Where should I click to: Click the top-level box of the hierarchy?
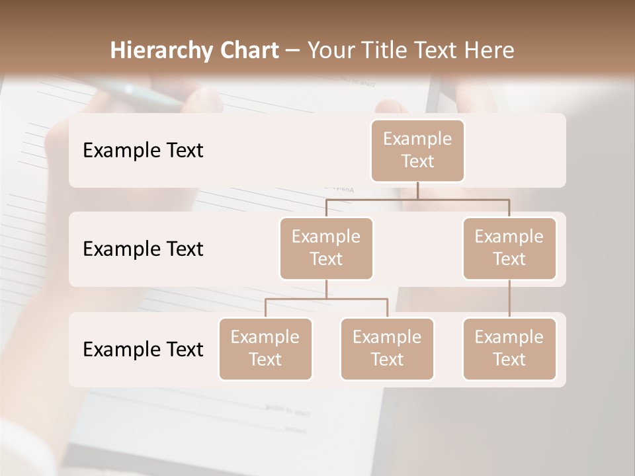417,150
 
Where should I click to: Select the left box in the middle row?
326,248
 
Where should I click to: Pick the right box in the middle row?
509,248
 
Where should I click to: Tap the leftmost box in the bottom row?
265,348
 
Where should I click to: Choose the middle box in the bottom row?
387,348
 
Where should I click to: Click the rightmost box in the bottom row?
509,348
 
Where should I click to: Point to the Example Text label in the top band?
143,151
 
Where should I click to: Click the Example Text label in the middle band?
143,249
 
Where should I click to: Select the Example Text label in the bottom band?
143,349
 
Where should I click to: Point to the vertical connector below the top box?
417,190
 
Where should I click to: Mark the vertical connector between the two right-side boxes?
509,299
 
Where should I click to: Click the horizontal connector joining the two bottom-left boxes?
326,299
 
